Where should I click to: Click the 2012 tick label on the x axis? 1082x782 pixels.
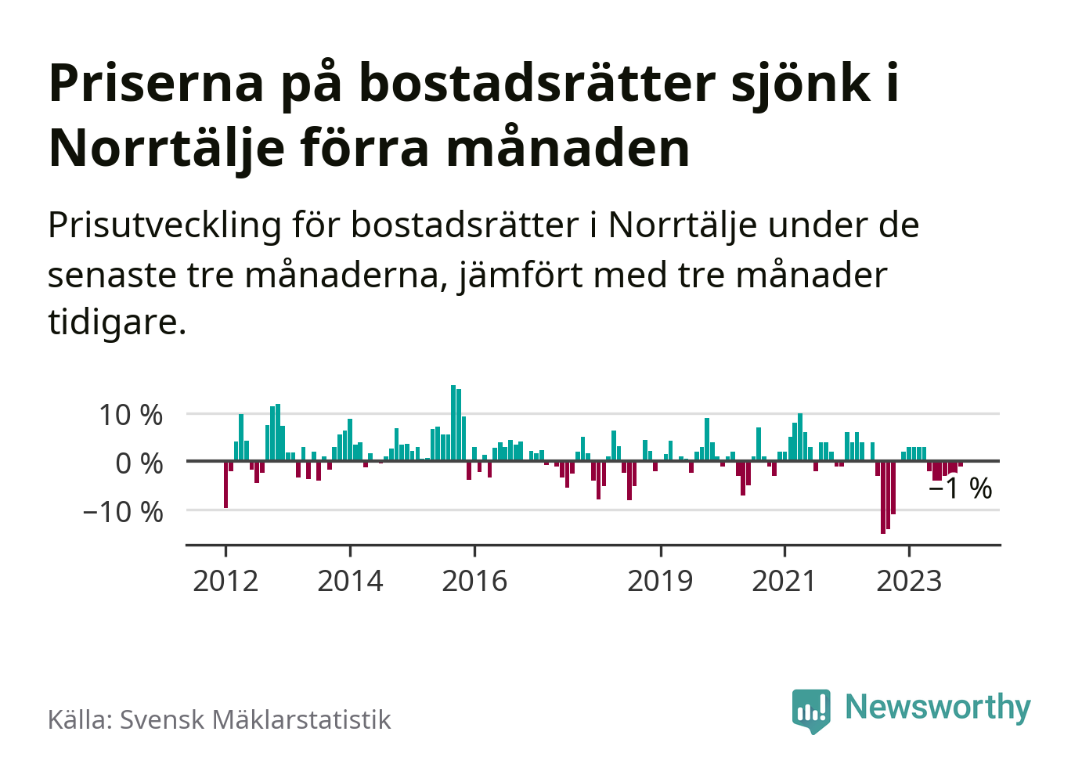pyautogui.click(x=225, y=582)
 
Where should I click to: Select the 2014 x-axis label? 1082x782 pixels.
pyautogui.click(x=350, y=582)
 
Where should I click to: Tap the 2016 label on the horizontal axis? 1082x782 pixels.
pyautogui.click(x=474, y=582)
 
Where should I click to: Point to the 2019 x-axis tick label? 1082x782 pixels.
pyautogui.click(x=660, y=582)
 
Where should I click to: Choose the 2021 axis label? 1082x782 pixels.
pyautogui.click(x=784, y=582)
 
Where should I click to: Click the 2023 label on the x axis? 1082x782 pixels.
pyautogui.click(x=908, y=582)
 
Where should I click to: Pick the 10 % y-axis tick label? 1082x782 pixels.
pyautogui.click(x=131, y=415)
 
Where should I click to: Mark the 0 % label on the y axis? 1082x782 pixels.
pyautogui.click(x=139, y=463)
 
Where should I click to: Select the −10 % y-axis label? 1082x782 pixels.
pyautogui.click(x=123, y=512)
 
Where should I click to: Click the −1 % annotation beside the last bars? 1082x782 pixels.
pyautogui.click(x=961, y=489)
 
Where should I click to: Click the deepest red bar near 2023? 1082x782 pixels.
pyautogui.click(x=883, y=497)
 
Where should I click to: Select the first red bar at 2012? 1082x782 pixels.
pyautogui.click(x=226, y=485)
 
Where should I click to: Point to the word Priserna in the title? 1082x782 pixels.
pyautogui.click(x=157, y=83)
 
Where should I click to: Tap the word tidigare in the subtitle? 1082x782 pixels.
pyautogui.click(x=117, y=322)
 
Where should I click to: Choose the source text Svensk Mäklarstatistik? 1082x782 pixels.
pyautogui.click(x=254, y=720)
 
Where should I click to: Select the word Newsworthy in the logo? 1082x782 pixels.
pyautogui.click(x=938, y=707)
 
